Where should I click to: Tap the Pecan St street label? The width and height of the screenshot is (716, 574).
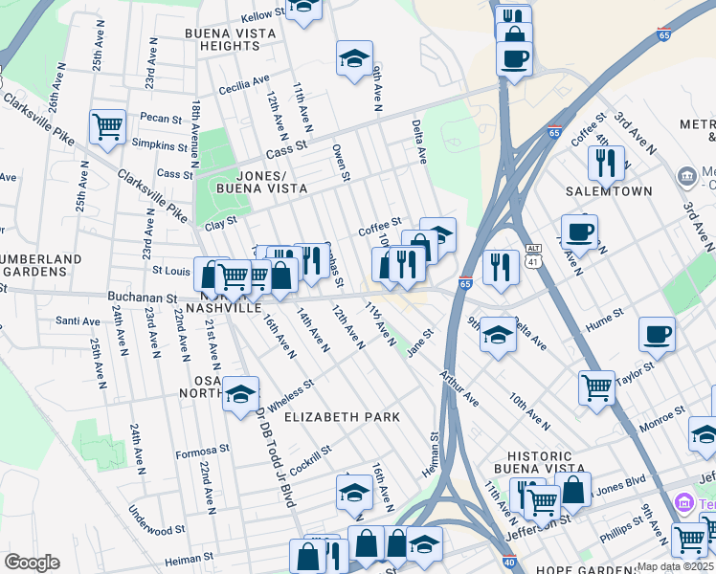161,120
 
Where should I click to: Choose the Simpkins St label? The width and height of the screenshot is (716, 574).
162,144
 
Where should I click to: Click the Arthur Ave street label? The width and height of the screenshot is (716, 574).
459,388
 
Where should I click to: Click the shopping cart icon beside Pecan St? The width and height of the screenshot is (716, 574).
107,126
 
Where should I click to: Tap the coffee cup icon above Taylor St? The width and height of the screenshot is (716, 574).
657,334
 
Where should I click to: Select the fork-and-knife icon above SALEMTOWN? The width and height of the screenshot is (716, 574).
605,162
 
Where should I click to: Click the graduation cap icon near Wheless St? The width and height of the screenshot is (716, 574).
241,392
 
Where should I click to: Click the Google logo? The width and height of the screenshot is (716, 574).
33,563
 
